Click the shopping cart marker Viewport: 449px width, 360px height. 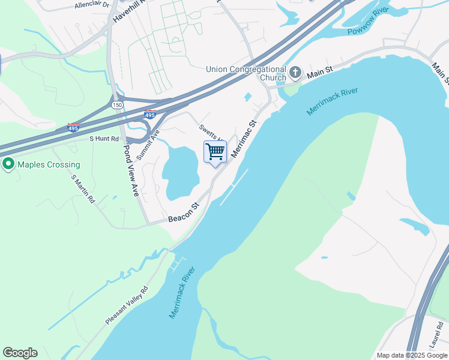point(215,152)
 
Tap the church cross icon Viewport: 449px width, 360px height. point(295,73)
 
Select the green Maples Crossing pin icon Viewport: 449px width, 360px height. point(8,164)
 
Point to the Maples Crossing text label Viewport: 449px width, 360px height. point(48,164)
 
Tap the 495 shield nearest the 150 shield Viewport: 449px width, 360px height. point(150,114)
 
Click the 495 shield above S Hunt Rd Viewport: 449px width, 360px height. point(73,128)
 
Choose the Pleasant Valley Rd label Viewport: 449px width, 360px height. point(127,305)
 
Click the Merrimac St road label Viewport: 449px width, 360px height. point(244,139)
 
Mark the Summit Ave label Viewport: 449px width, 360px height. point(148,145)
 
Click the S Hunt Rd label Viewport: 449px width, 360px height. point(104,138)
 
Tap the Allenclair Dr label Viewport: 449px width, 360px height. point(91,5)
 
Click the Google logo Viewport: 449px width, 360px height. point(20,353)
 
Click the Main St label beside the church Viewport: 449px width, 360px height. point(320,72)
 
